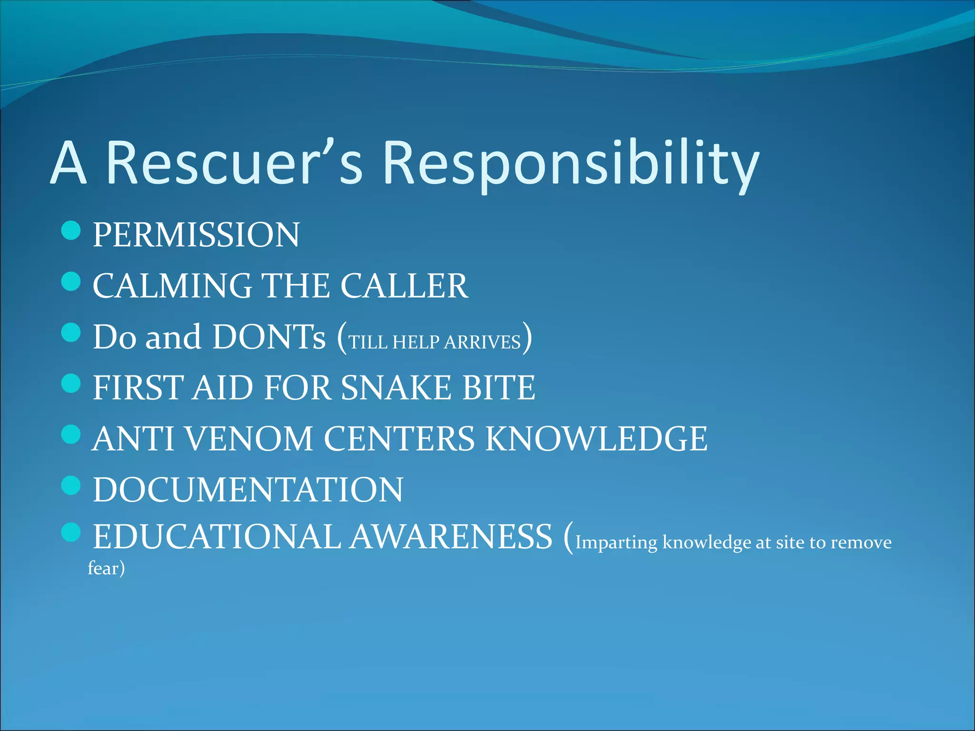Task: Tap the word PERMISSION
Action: (x=196, y=235)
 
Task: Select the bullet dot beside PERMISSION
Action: (x=71, y=230)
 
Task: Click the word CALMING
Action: (x=172, y=286)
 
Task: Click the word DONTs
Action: (x=269, y=337)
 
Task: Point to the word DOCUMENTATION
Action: (x=248, y=490)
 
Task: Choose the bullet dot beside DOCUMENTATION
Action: (x=71, y=485)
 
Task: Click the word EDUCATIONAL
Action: (x=216, y=537)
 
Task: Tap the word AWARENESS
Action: (x=451, y=537)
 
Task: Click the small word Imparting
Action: (x=616, y=543)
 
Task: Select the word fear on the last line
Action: (x=103, y=568)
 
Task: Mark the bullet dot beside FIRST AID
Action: (x=71, y=383)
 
